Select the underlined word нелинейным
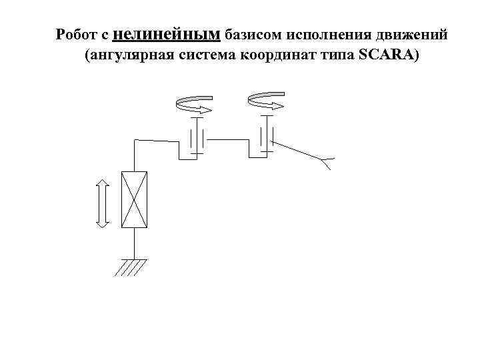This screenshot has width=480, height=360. point(170,33)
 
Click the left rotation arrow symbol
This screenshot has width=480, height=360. point(194,105)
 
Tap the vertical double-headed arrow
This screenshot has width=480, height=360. point(101,203)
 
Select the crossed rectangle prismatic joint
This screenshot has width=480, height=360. point(134,200)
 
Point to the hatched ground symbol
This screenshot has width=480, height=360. point(131,267)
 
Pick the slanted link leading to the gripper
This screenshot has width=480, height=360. point(297,149)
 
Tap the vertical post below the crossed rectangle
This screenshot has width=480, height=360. point(134,243)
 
